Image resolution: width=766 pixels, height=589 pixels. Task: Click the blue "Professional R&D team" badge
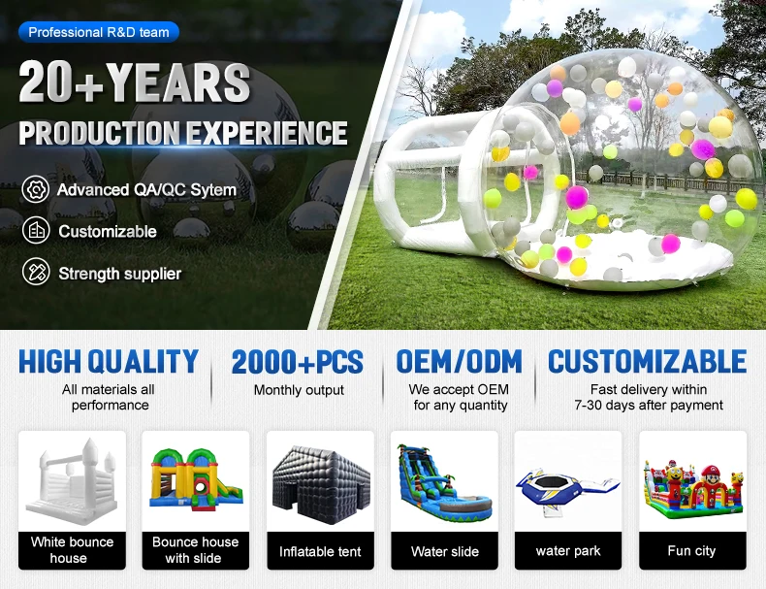tap(99, 32)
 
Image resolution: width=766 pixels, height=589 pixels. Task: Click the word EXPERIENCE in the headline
tap(267, 133)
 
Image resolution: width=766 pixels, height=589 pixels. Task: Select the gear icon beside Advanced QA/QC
tap(36, 189)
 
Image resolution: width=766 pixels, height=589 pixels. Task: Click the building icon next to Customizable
tap(36, 230)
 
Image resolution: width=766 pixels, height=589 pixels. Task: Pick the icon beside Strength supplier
tap(36, 273)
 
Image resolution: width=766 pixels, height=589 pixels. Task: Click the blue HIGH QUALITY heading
tap(109, 362)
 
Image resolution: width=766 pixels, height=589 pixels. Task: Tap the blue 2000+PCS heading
tap(298, 362)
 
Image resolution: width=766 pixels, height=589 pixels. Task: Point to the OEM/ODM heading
tap(460, 362)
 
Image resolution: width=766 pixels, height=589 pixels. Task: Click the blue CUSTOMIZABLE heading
tap(648, 362)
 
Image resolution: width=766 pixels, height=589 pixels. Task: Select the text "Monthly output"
tap(299, 390)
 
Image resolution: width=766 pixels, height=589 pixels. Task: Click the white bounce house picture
tap(72, 481)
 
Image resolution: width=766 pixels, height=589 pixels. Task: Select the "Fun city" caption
tap(691, 551)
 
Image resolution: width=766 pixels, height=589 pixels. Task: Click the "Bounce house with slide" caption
tap(196, 550)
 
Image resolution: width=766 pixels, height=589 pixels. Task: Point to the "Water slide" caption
tap(445, 551)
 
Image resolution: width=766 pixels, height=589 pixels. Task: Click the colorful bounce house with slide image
tap(196, 481)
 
